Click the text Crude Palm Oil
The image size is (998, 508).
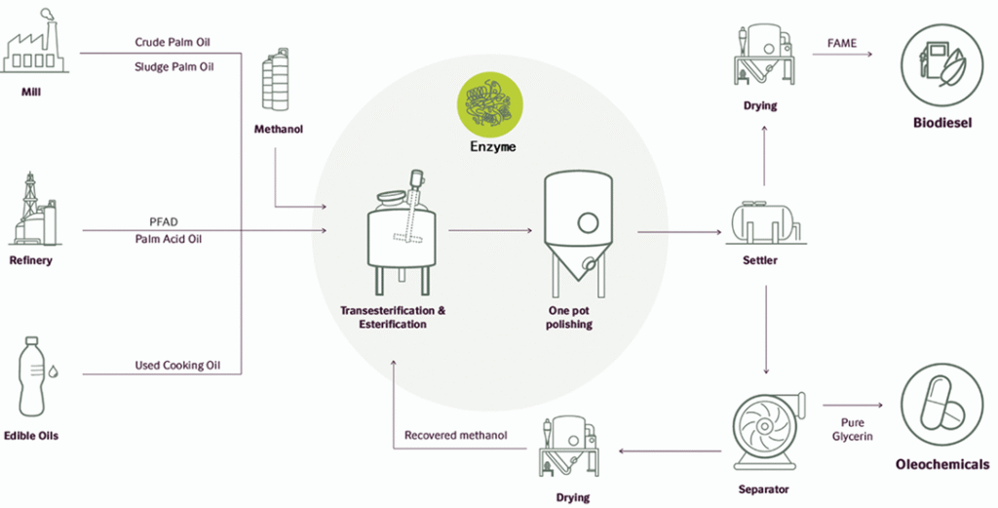(173, 43)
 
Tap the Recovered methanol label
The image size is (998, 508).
(456, 435)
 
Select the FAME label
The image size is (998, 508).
(841, 44)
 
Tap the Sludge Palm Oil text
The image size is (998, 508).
(173, 67)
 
